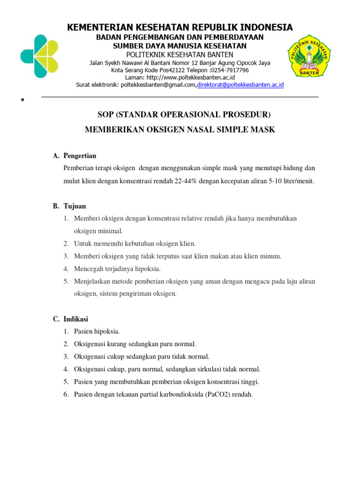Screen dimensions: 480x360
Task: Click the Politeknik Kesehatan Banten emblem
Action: (x=309, y=55)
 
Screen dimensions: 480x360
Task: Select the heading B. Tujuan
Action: (x=69, y=206)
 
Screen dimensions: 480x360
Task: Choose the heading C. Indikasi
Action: (x=71, y=319)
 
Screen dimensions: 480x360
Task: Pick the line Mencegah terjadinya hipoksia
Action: (x=117, y=269)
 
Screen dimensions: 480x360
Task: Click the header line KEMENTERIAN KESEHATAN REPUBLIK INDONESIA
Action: (x=180, y=27)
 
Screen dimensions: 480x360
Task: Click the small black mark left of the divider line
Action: (x=22, y=100)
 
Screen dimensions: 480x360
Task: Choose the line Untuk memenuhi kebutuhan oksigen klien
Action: (x=135, y=243)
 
